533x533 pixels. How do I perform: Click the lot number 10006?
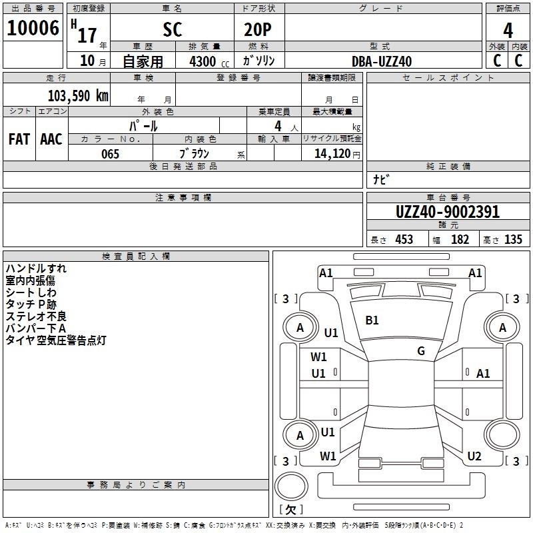(33, 28)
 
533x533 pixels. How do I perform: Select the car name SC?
(173, 29)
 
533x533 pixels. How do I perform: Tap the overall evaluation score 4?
(508, 30)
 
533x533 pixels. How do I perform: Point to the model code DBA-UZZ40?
(381, 61)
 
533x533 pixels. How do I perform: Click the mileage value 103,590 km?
(78, 96)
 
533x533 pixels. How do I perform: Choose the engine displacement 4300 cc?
(209, 61)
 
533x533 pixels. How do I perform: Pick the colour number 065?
(110, 154)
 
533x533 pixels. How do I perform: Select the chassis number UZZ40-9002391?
(447, 212)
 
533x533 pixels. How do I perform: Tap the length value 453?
(404, 239)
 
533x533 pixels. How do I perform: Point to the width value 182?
(460, 239)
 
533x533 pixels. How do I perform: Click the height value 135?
(513, 239)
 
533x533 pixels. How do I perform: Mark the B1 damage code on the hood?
(372, 320)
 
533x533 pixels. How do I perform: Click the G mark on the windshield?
(421, 351)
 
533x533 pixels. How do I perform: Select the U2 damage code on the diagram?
(474, 456)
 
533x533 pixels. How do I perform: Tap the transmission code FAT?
(19, 139)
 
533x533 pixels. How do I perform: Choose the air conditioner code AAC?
(51, 139)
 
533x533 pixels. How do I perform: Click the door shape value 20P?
(258, 29)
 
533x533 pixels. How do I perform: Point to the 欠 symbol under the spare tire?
(290, 510)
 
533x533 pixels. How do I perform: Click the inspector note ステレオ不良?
(36, 316)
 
